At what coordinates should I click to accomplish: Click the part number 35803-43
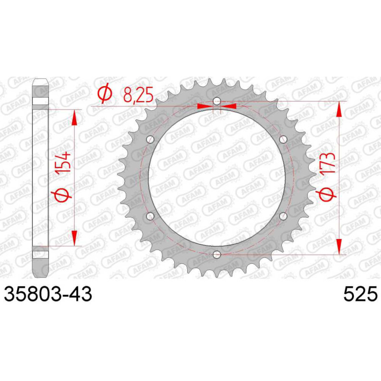click(x=48, y=294)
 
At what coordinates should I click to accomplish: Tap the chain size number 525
click(x=361, y=294)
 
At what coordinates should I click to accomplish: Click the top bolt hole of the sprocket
click(x=217, y=101)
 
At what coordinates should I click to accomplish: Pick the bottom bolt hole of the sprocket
click(x=217, y=254)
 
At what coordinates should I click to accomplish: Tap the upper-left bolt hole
click(x=150, y=140)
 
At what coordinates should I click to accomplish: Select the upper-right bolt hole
click(x=283, y=140)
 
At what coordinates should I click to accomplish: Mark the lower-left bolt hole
click(x=150, y=216)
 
